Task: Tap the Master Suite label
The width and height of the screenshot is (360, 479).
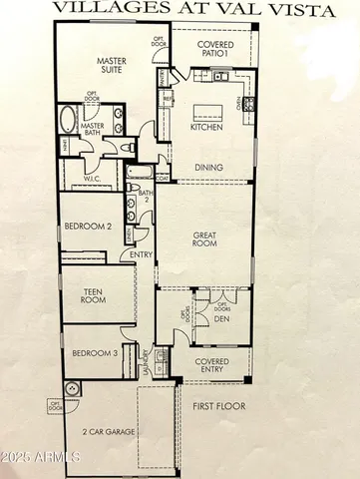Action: click(x=116, y=66)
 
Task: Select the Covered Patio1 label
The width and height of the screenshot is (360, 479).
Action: click(x=216, y=51)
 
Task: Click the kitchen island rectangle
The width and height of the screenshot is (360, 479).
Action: click(x=213, y=109)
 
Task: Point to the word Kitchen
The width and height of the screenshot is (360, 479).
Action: click(x=206, y=128)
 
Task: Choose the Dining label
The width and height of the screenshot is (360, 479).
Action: click(x=208, y=167)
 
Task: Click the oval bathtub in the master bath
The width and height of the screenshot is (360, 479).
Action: click(x=67, y=122)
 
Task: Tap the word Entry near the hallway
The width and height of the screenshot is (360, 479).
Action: click(x=142, y=254)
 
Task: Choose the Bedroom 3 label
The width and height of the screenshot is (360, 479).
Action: click(x=101, y=353)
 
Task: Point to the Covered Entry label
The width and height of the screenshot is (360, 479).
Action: click(x=212, y=364)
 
